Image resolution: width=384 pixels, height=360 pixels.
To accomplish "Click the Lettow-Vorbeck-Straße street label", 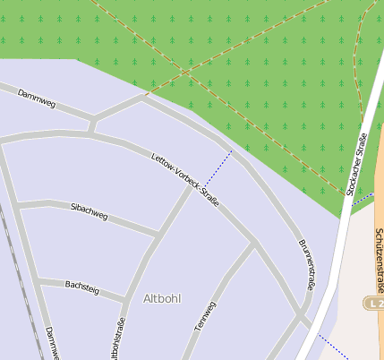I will pyautogui.click(x=185, y=174).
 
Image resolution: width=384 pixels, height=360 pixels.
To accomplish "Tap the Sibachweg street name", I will pyautogui.click(x=89, y=212).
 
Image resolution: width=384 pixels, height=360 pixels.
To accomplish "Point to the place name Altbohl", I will pyautogui.click(x=162, y=298).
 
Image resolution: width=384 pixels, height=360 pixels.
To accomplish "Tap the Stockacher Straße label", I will pyautogui.click(x=356, y=164).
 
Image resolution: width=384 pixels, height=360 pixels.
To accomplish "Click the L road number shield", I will pyautogui.click(x=373, y=304).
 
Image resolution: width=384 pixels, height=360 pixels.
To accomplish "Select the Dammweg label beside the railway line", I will pyautogui.click(x=50, y=342).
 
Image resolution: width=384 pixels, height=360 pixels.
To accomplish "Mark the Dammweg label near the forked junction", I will pyautogui.click(x=37, y=99).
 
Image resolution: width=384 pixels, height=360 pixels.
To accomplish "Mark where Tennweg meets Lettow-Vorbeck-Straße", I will pyautogui.click(x=253, y=243).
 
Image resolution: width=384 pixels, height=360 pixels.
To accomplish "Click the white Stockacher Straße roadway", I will pyautogui.click(x=341, y=251).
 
